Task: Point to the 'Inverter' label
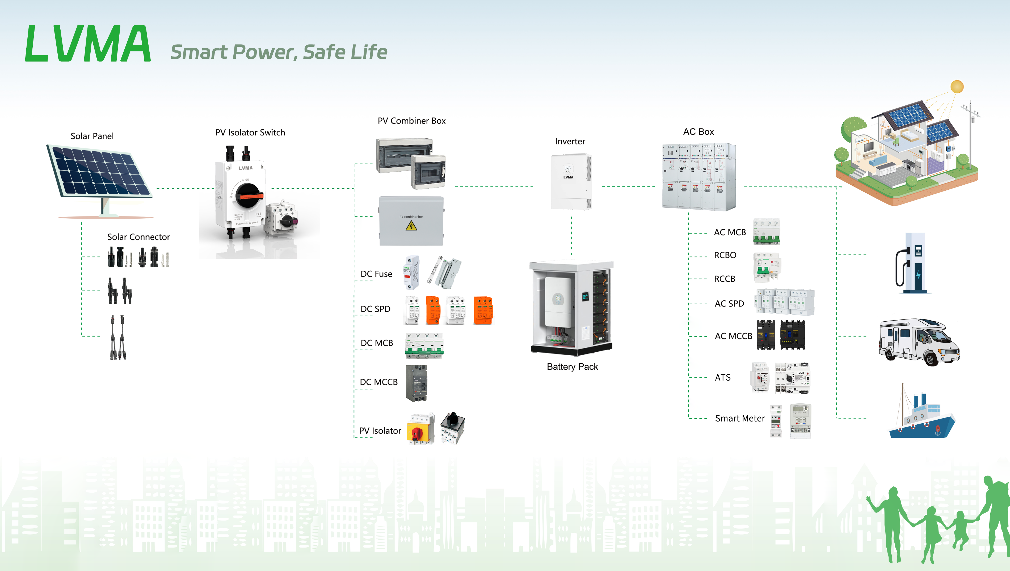pos(570,141)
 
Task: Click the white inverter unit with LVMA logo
pos(571,182)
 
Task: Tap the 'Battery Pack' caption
pos(572,367)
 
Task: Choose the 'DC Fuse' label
pos(376,274)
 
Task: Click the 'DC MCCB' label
pos(378,382)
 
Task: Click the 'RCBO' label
pos(725,255)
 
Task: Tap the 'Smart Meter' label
pos(740,419)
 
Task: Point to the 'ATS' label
pos(722,377)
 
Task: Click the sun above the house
pos(957,87)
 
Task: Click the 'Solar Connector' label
pos(138,237)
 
